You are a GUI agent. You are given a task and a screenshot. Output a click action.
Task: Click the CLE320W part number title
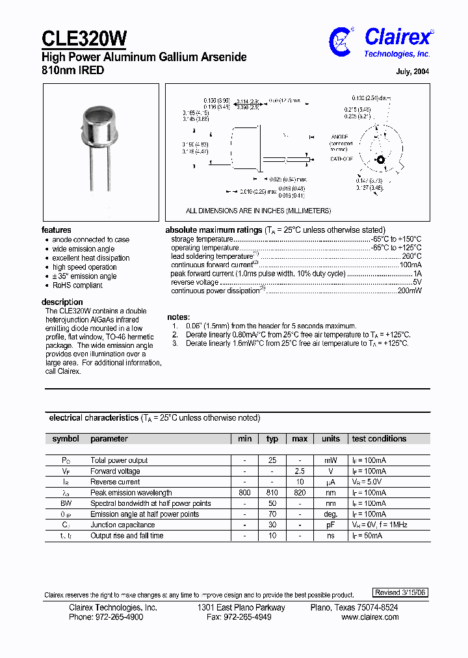click(84, 38)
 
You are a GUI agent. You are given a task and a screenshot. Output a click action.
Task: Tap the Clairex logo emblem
click(341, 41)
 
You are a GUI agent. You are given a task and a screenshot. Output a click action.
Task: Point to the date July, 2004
click(412, 72)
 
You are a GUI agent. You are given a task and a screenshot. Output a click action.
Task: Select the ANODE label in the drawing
click(341, 137)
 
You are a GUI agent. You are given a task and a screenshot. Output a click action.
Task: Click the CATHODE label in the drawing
click(342, 159)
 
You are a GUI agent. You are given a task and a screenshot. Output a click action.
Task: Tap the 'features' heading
click(57, 230)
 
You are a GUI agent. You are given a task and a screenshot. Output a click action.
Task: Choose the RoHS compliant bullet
click(77, 285)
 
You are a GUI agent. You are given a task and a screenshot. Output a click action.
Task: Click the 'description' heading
click(62, 302)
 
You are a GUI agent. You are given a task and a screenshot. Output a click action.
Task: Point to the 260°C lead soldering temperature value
click(411, 257)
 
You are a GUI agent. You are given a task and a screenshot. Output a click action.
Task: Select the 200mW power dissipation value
click(409, 291)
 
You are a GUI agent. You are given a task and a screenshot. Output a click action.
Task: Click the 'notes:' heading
click(179, 317)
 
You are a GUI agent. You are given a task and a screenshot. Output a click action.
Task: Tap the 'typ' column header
click(272, 439)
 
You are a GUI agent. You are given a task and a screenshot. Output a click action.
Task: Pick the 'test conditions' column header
click(379, 439)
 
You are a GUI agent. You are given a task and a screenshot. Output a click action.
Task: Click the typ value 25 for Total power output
click(272, 460)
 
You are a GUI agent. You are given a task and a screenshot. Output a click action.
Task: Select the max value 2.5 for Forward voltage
click(300, 471)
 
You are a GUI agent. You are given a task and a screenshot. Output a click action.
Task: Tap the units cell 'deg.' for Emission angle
click(331, 514)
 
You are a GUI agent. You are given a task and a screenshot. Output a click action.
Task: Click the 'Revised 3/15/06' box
click(400, 592)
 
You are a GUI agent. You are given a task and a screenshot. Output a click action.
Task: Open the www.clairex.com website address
click(370, 617)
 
